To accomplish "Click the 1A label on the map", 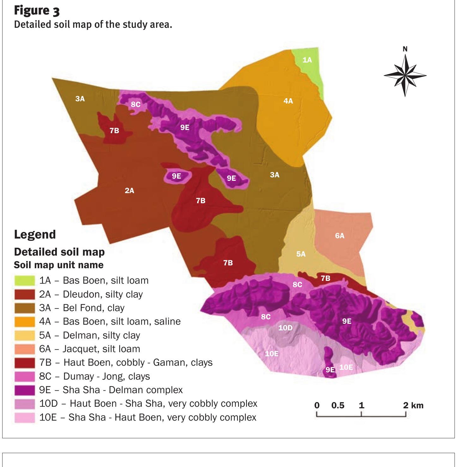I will click(307, 60).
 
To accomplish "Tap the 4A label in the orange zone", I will click(288, 101).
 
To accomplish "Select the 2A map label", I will click(130, 191).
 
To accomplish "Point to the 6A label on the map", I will click(340, 236).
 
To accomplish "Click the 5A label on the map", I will click(301, 254).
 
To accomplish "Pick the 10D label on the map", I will click(285, 328).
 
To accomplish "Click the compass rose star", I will click(405, 75).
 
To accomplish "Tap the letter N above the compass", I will click(405, 49).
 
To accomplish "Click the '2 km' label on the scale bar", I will click(413, 405).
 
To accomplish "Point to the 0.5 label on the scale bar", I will click(338, 405).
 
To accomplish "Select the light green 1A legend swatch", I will click(25, 281).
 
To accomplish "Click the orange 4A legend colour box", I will click(25, 322).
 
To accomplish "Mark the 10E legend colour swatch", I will click(25, 417).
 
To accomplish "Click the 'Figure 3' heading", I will click(37, 11).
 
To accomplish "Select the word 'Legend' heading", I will click(35, 234).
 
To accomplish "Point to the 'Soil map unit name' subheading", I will click(59, 265).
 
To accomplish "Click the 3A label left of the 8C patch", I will click(80, 99).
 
